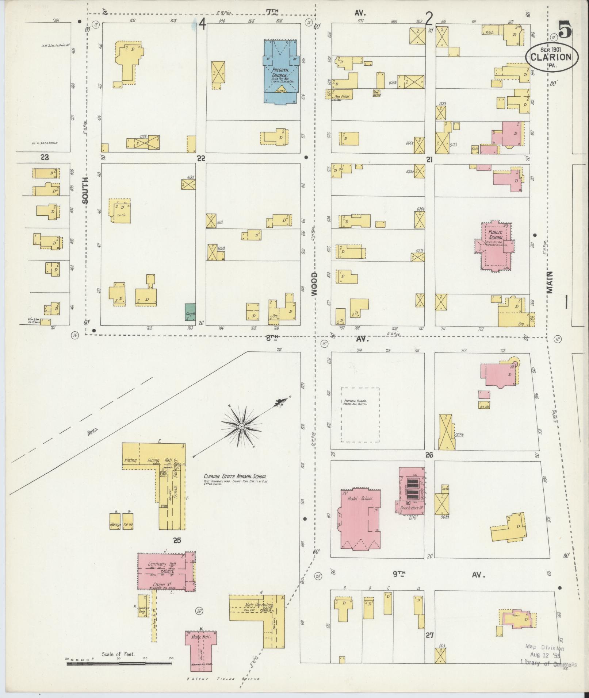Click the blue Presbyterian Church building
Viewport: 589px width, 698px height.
(x=280, y=72)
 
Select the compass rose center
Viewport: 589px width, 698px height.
(x=241, y=426)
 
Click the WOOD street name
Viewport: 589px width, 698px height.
(x=314, y=284)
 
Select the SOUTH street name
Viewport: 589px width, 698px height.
(x=85, y=190)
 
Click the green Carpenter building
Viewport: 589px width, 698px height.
(x=190, y=312)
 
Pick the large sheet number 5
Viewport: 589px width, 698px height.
(x=565, y=30)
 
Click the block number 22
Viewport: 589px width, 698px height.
(x=201, y=158)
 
